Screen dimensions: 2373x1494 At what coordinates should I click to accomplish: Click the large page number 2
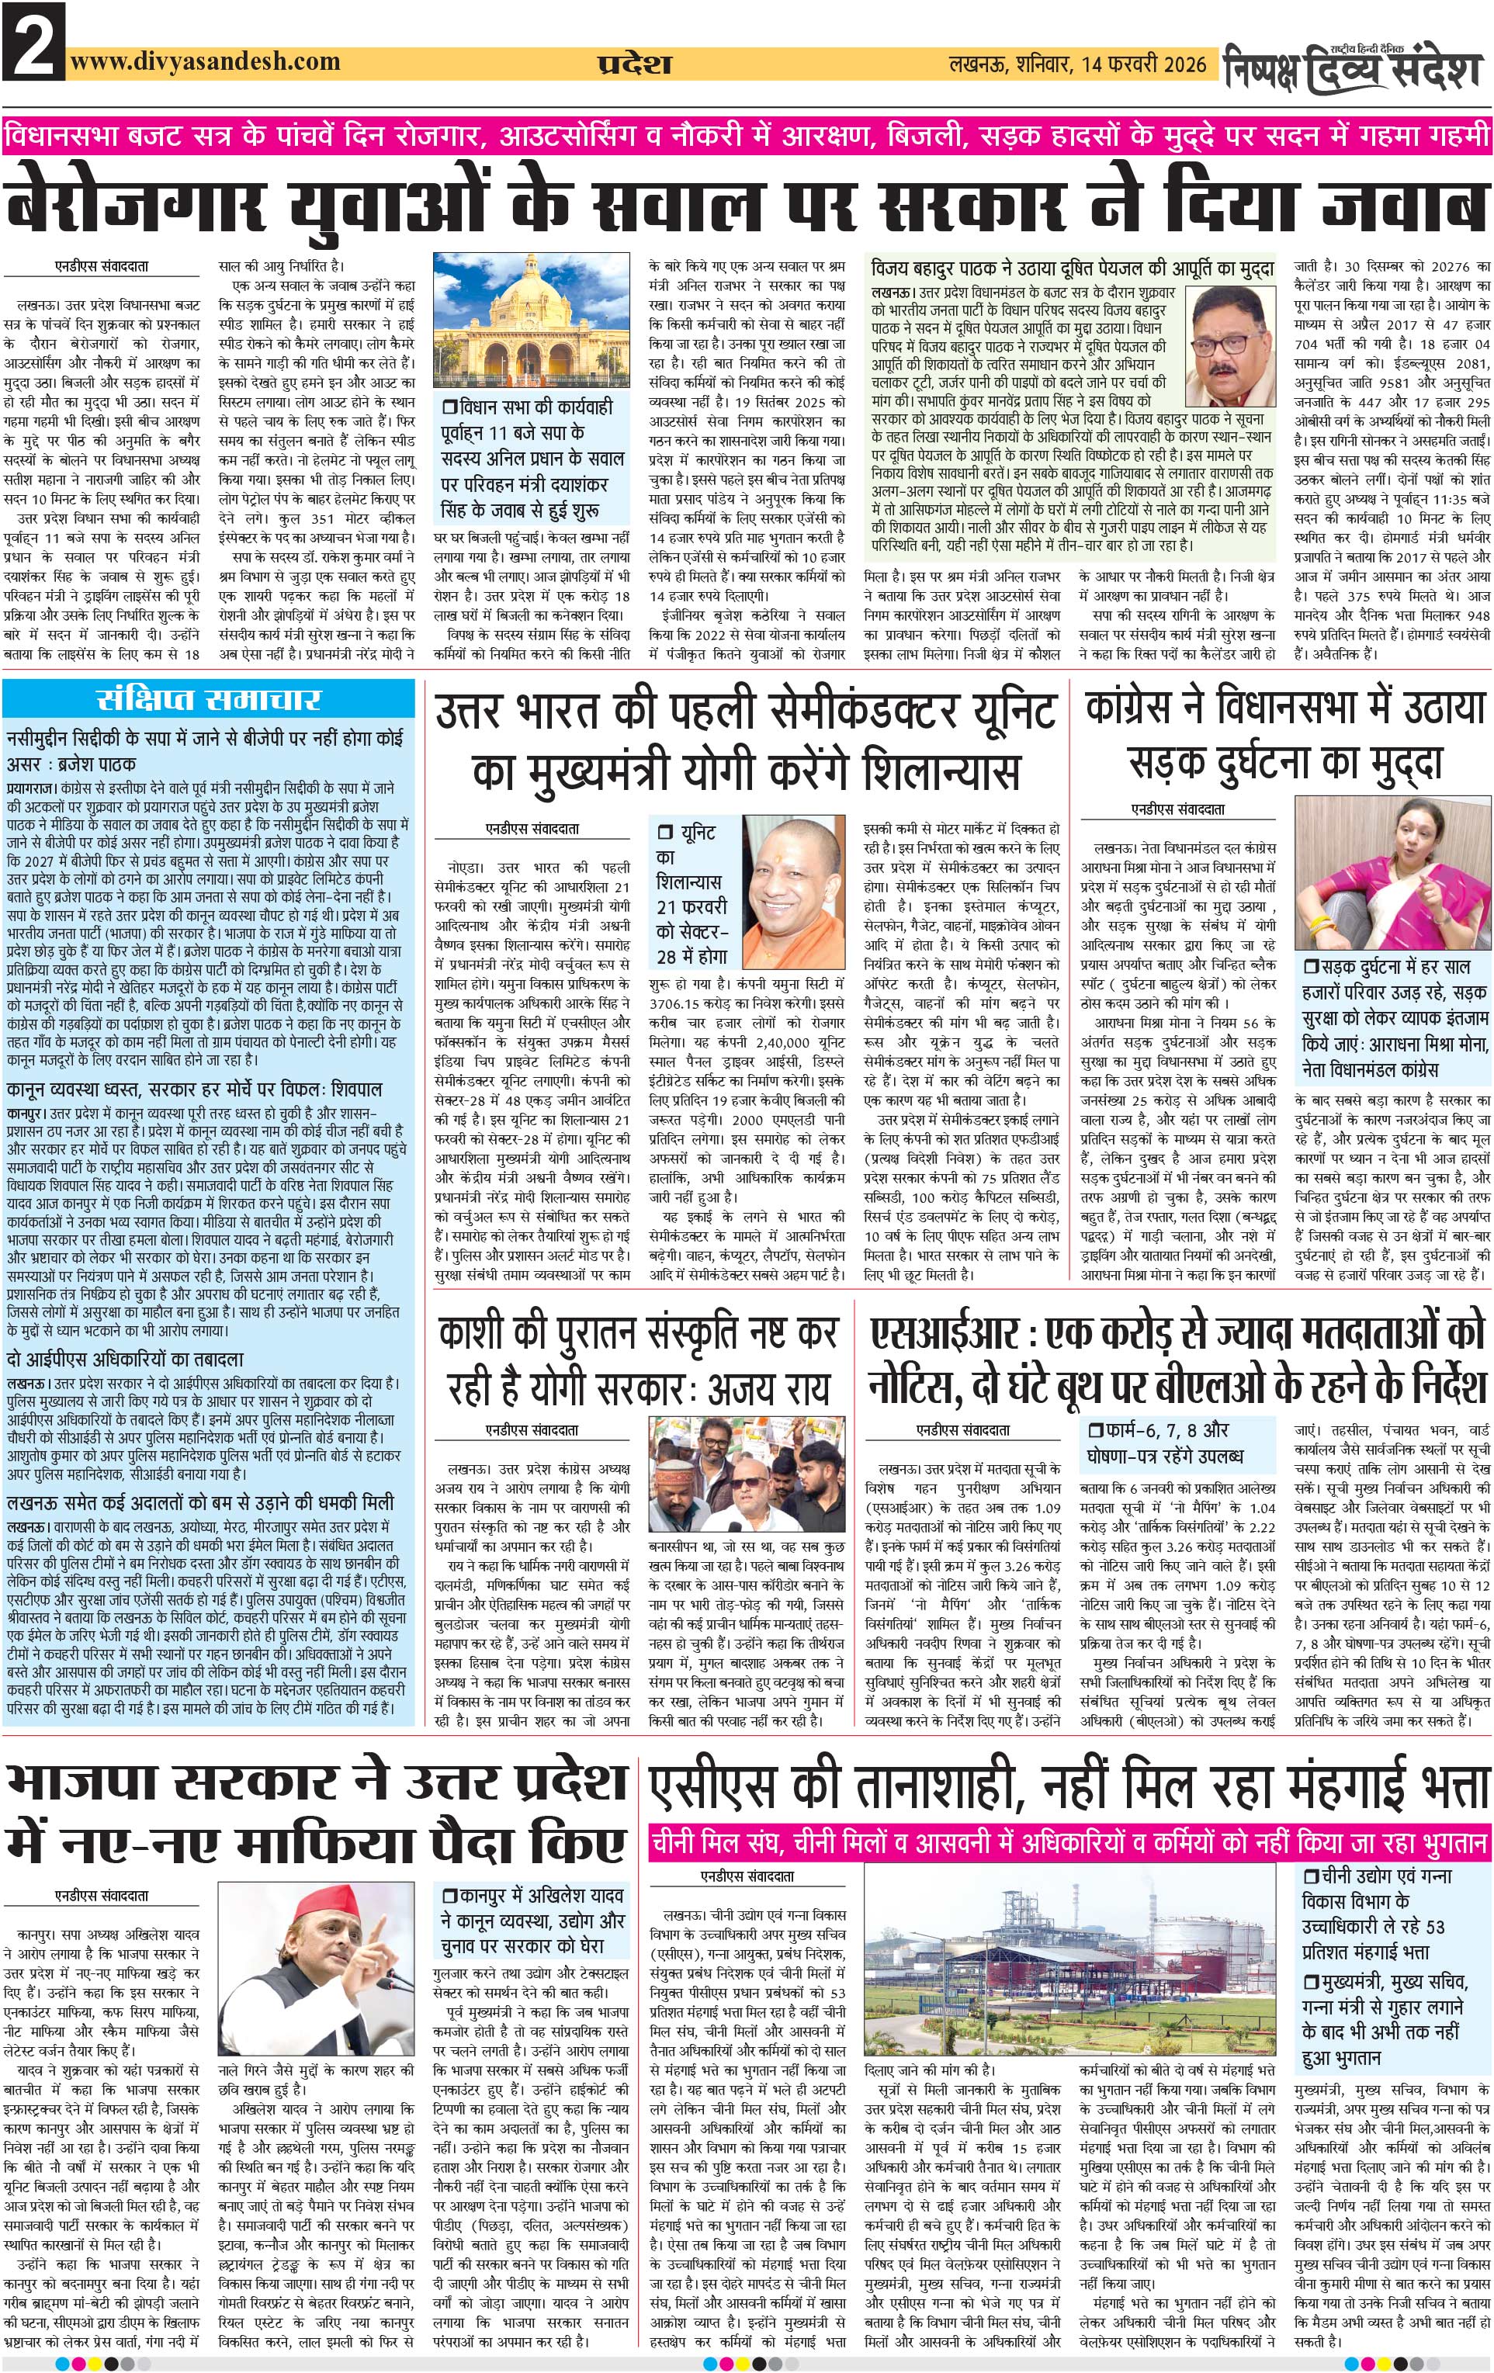(x=33, y=41)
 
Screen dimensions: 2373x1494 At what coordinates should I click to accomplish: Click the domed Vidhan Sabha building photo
(x=531, y=320)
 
